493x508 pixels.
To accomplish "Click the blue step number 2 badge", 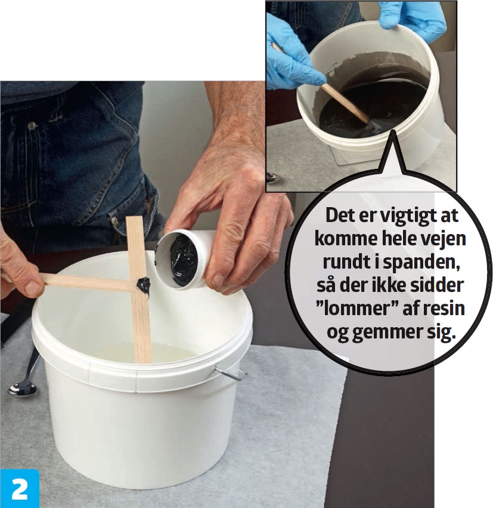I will [x=19, y=488].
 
